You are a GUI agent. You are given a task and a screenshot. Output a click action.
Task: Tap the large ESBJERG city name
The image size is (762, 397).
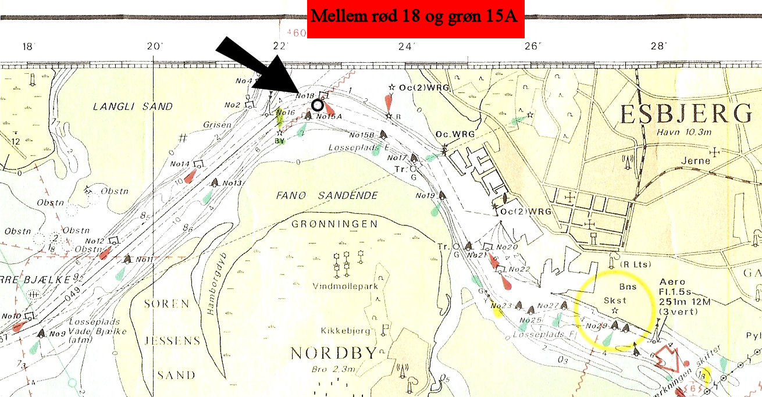(x=686, y=115)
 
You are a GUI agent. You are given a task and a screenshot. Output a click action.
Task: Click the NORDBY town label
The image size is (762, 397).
(x=333, y=353)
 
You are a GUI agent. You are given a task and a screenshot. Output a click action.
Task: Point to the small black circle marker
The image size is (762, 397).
(x=317, y=105)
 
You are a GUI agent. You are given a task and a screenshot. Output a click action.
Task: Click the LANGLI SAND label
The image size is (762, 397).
(x=133, y=106)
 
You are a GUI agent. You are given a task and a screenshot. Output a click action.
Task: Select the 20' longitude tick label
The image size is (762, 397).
(x=154, y=46)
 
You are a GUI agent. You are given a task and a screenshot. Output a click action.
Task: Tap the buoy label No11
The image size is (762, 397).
(x=144, y=259)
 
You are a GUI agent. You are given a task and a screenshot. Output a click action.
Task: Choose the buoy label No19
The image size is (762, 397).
(x=426, y=195)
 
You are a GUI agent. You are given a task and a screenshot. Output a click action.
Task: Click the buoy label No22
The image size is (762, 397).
(x=519, y=269)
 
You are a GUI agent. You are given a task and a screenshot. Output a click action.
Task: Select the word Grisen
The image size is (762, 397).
(x=218, y=125)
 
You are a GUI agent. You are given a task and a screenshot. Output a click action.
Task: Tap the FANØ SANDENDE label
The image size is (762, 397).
(x=327, y=195)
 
